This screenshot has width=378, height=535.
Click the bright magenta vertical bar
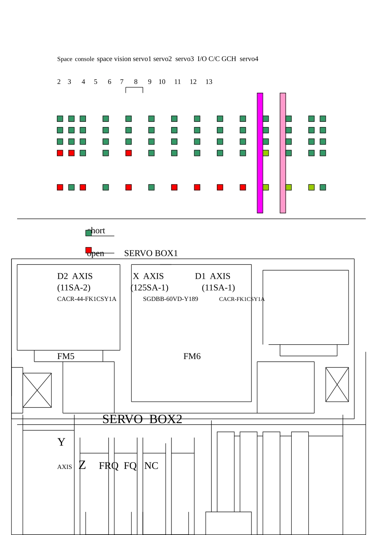tap(260, 153)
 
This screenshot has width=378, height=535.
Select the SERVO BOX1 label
tap(151, 253)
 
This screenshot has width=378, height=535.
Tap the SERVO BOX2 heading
tap(142, 419)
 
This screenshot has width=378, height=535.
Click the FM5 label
tap(66, 356)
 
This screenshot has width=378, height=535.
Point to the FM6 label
tap(192, 356)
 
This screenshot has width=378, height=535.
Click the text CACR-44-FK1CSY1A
tap(87, 299)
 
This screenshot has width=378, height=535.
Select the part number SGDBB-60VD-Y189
tap(170, 299)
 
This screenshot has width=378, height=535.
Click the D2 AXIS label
tap(75, 276)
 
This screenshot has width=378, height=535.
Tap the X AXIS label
tap(148, 276)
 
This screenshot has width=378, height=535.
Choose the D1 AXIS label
tap(212, 276)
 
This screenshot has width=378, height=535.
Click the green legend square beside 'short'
tap(88, 233)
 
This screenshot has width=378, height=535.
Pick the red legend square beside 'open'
tap(88, 250)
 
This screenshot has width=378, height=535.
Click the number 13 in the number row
tap(209, 82)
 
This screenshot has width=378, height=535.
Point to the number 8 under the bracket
tap(136, 82)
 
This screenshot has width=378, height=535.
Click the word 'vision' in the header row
tap(123, 59)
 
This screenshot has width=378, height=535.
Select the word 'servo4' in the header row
tap(249, 59)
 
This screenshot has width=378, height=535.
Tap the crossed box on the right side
tap(337, 385)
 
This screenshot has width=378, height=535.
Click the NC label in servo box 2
tap(151, 466)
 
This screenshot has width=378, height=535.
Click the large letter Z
tap(82, 465)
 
